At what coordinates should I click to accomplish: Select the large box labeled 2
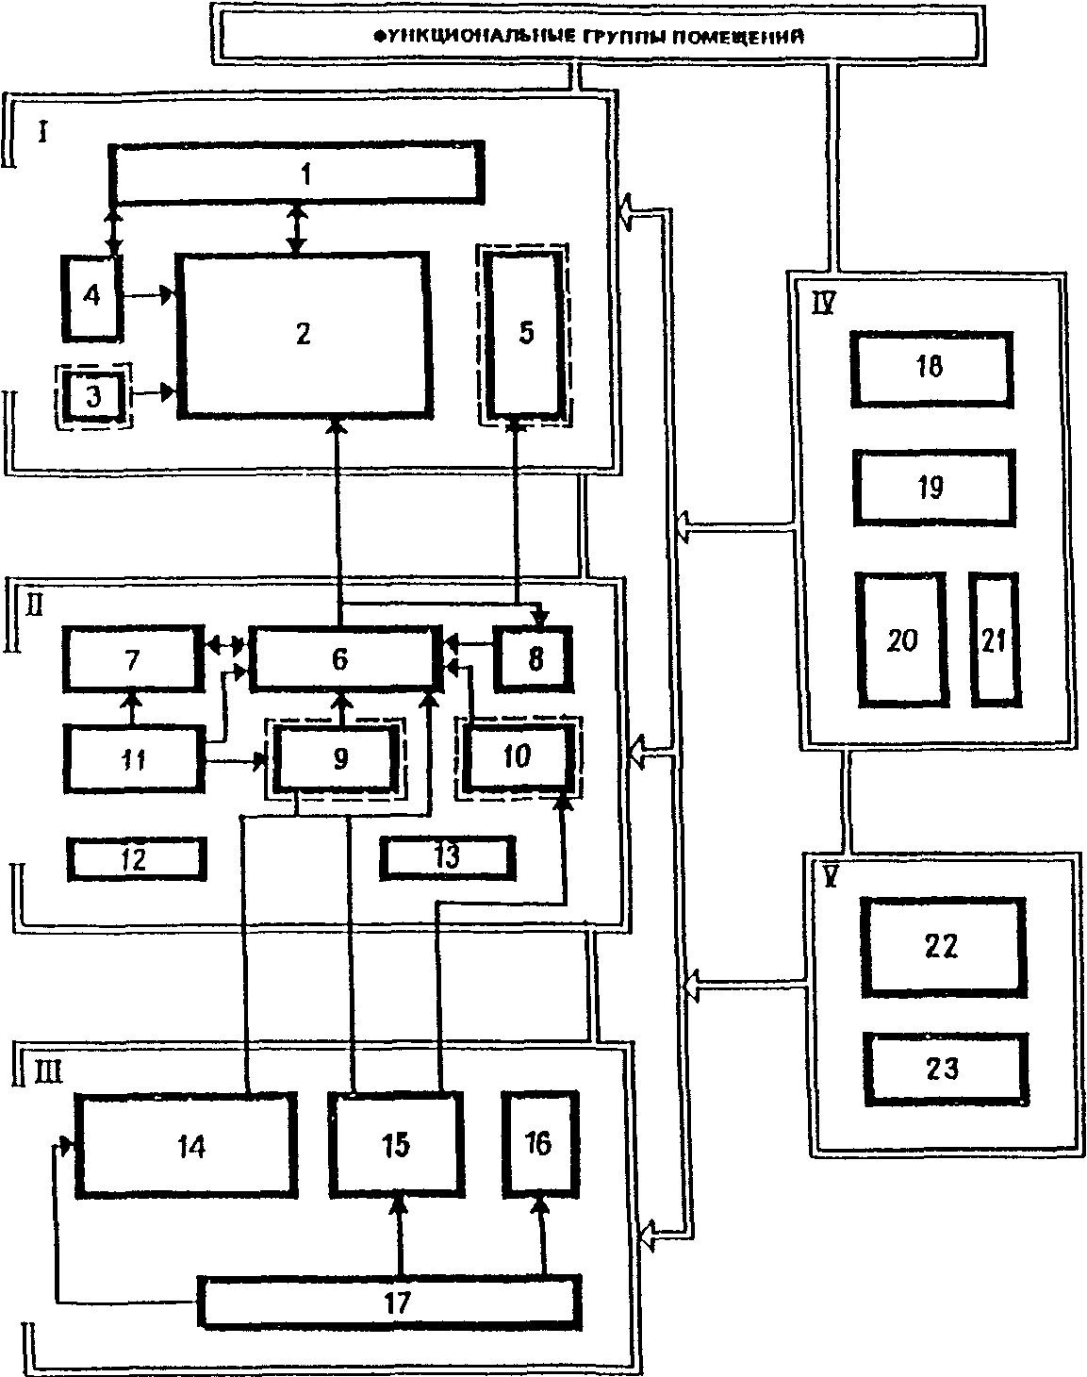pyautogui.click(x=303, y=334)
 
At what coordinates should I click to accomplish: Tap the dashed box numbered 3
pyautogui.click(x=92, y=396)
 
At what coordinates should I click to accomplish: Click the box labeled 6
pyautogui.click(x=341, y=657)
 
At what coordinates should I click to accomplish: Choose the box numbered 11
pyautogui.click(x=134, y=758)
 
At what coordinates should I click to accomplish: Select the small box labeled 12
pyautogui.click(x=136, y=857)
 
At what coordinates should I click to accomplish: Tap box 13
pyautogui.click(x=447, y=857)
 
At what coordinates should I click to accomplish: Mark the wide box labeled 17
pyautogui.click(x=388, y=1302)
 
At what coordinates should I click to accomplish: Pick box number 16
pyautogui.click(x=538, y=1144)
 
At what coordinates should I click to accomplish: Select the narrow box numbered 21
pyautogui.click(x=994, y=639)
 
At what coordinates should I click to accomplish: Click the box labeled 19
pyautogui.click(x=933, y=488)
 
